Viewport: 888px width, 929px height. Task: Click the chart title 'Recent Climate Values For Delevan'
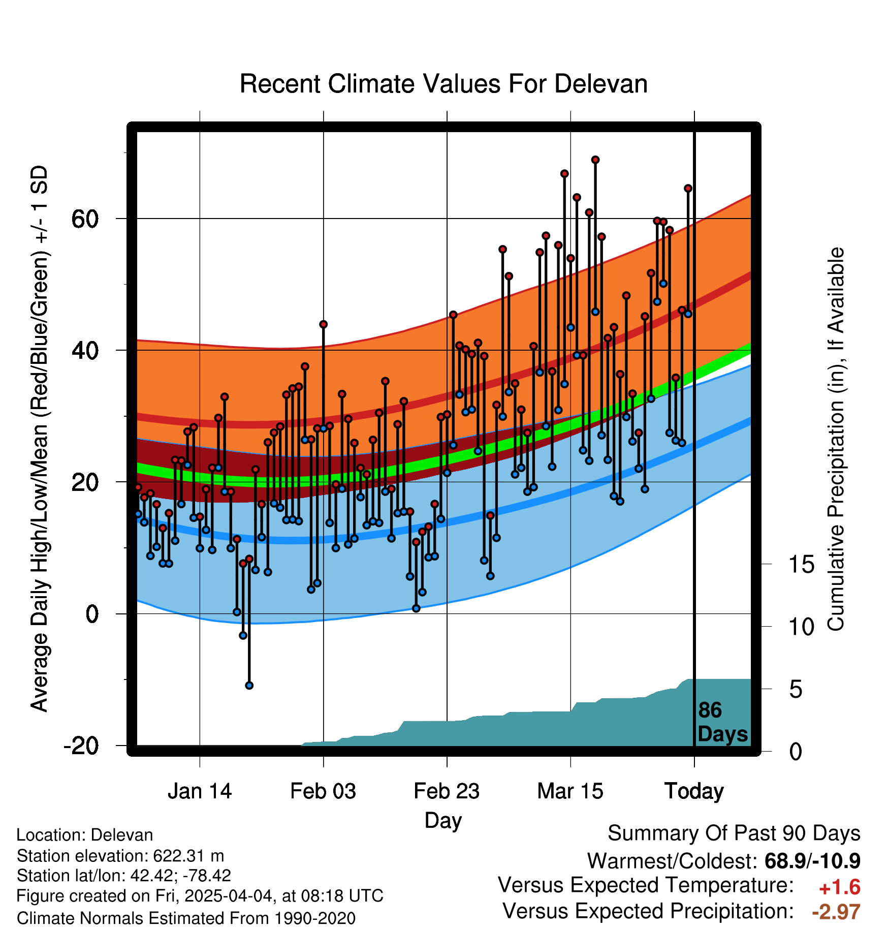(443, 84)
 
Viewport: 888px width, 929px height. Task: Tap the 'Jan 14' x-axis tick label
(200, 791)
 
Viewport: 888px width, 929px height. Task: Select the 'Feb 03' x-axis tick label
(323, 791)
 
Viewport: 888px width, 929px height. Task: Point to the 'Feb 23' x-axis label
(447, 791)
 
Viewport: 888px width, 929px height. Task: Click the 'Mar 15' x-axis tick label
(570, 791)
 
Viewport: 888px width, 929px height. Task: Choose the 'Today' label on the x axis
(694, 792)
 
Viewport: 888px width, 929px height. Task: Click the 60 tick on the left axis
(84, 219)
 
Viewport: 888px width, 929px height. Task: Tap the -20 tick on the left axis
(81, 746)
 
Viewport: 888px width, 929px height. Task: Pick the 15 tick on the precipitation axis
(802, 564)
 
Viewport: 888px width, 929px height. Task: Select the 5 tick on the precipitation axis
(796, 690)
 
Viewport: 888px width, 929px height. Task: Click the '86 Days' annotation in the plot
(722, 722)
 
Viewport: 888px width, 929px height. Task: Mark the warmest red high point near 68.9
(595, 160)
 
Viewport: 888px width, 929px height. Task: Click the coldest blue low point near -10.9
(249, 686)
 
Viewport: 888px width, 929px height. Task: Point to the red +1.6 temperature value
(840, 888)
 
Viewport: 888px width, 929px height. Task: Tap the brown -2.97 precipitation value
(836, 912)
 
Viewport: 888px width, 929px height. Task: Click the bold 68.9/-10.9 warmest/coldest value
(812, 861)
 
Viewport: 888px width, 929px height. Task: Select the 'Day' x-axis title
(443, 821)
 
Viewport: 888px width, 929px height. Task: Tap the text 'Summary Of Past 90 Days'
(734, 834)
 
